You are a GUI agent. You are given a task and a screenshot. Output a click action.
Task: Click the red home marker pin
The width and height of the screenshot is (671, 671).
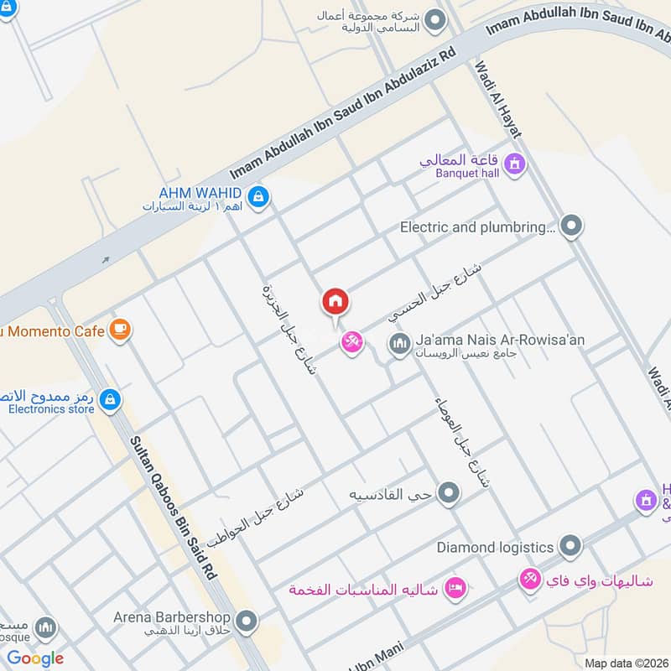[335, 302]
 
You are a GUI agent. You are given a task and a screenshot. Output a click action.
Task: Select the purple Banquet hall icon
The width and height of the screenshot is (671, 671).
[515, 163]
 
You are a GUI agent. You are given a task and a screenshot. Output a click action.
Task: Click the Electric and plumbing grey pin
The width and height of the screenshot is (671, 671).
[571, 226]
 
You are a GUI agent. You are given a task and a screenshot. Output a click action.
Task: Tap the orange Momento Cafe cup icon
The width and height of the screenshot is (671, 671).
[121, 330]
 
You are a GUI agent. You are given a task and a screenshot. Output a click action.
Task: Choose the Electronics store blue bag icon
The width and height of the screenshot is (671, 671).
[108, 401]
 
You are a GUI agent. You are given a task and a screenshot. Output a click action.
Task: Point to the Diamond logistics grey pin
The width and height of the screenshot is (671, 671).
[570, 547]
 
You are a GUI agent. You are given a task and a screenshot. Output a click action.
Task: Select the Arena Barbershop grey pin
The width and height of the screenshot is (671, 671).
[246, 622]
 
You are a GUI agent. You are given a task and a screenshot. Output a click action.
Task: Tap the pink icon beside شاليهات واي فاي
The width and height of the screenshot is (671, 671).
[529, 580]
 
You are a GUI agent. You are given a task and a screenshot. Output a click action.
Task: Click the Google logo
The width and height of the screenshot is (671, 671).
[35, 658]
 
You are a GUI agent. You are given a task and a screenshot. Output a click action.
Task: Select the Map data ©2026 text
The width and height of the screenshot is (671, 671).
[624, 663]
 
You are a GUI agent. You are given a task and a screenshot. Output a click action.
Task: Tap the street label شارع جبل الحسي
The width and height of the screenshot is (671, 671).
[435, 292]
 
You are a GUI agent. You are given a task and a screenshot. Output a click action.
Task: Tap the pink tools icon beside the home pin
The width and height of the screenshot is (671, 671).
[351, 342]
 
